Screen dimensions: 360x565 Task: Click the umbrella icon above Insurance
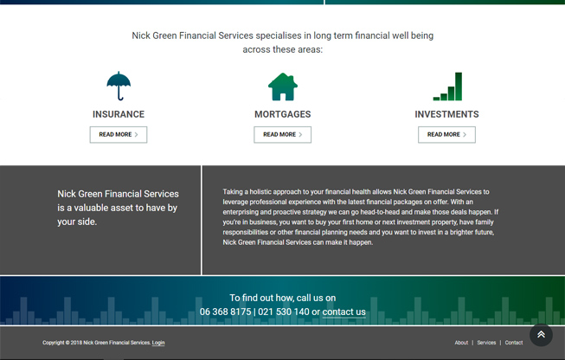point(119,87)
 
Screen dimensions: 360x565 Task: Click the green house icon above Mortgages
point(282,87)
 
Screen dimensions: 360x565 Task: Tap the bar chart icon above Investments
point(447,87)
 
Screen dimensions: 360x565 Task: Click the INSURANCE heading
point(119,114)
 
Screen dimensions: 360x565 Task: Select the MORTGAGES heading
point(282,114)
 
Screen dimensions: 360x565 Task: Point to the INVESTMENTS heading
point(446,114)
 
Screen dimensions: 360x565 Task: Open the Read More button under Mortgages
point(282,135)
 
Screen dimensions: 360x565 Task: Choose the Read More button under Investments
point(446,135)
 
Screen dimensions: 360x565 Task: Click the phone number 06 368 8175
point(225,312)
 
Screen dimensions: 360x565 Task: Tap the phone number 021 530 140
point(283,312)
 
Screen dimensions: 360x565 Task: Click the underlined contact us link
point(343,312)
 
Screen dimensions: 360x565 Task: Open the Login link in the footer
point(158,343)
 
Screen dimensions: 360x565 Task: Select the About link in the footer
point(461,343)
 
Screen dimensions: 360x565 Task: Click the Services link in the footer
point(486,343)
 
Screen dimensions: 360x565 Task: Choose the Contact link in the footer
point(514,343)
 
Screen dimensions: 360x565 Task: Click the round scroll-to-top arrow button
point(541,334)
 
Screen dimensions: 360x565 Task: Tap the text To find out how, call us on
point(282,298)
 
